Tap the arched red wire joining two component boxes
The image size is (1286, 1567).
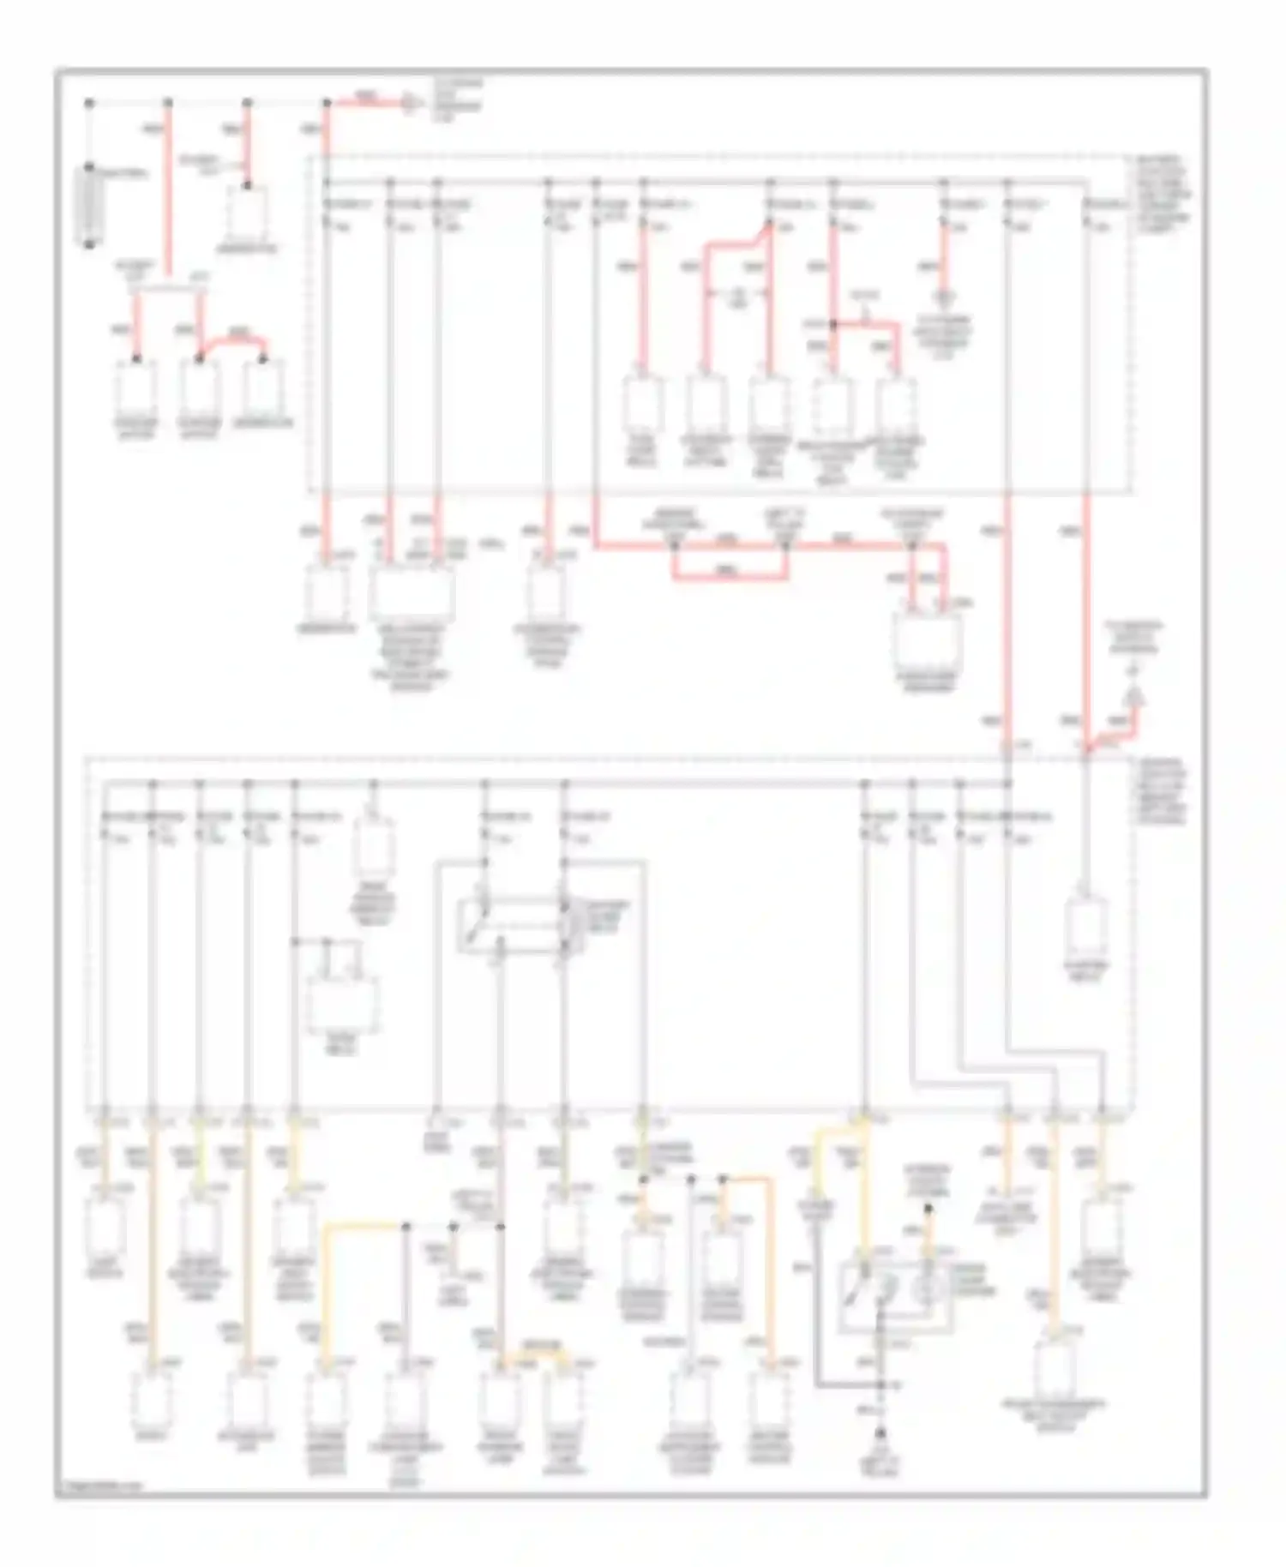coord(231,338)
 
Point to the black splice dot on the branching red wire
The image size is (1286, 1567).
coord(832,325)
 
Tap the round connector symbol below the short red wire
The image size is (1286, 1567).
coord(944,298)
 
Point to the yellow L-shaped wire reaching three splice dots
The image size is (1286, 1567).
coord(360,1228)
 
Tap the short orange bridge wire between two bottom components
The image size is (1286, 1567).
coord(532,1352)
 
